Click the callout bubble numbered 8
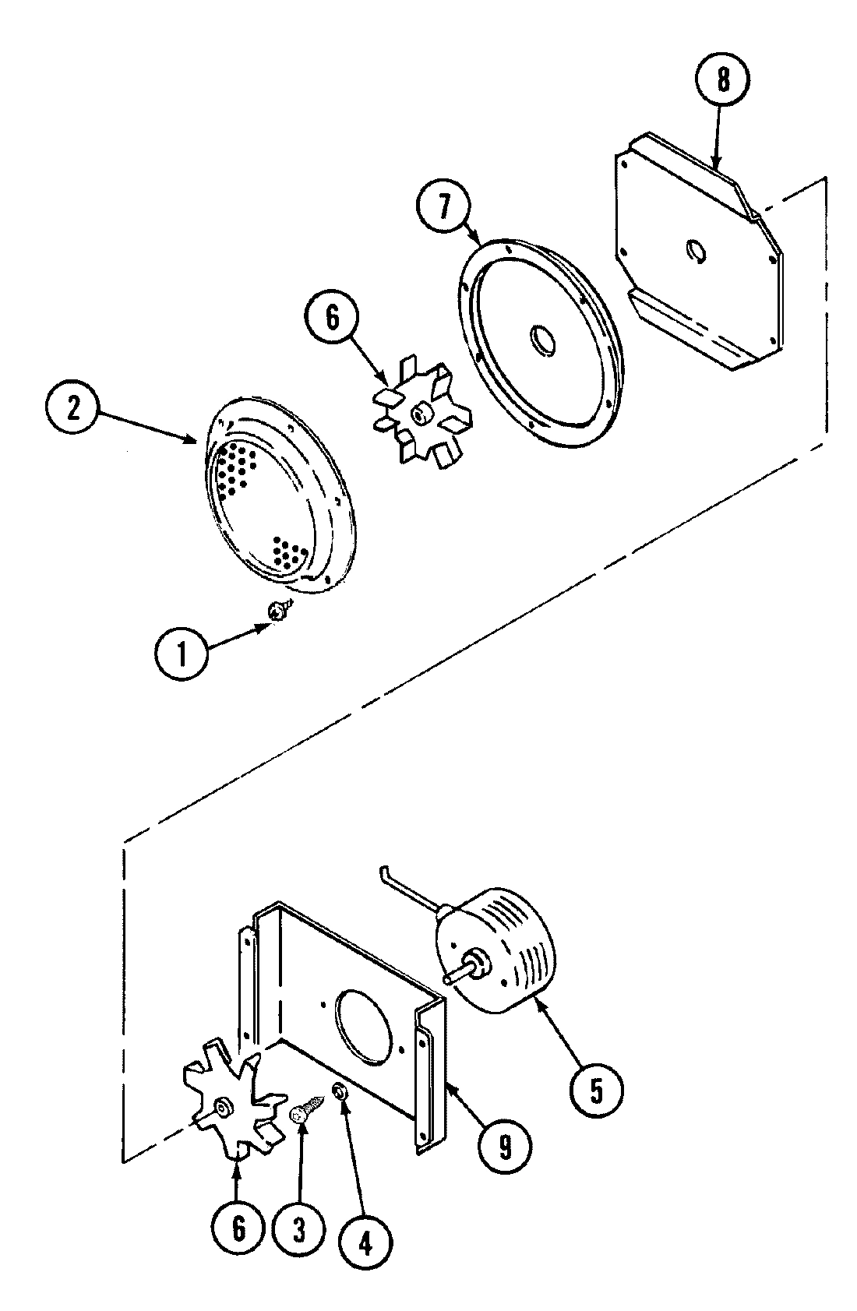pyautogui.click(x=723, y=81)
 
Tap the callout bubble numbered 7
pyautogui.click(x=444, y=208)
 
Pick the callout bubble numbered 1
pyautogui.click(x=182, y=654)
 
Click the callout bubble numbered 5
pyautogui.click(x=595, y=1091)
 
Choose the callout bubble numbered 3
pyautogui.click(x=299, y=1229)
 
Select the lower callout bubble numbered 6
pyautogui.click(x=238, y=1229)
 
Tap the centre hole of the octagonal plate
pyautogui.click(x=696, y=251)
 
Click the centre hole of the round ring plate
pyautogui.click(x=541, y=341)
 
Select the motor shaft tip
pyautogui.click(x=447, y=979)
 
